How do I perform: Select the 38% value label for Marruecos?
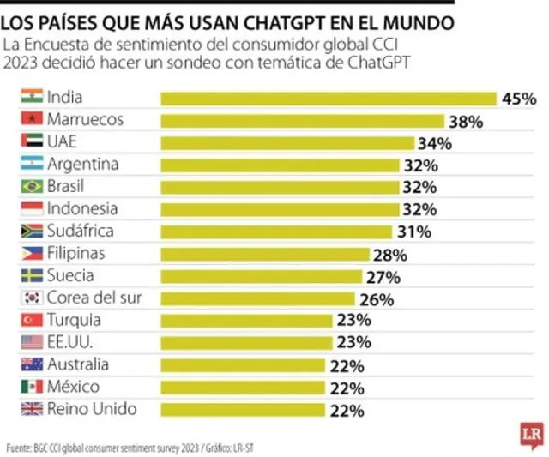coord(466,122)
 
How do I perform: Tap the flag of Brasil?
coord(31,186)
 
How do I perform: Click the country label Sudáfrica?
coord(80,231)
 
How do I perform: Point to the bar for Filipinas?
coord(265,254)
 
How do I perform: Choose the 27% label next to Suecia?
coord(383,277)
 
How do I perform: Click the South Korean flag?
coord(31,298)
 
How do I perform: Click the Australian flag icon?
coord(31,364)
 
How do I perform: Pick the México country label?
coord(73,387)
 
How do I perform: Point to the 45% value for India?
coord(519,99)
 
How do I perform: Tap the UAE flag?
coord(31,141)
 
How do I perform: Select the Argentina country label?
coord(82,164)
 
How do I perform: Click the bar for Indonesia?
coord(281,209)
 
